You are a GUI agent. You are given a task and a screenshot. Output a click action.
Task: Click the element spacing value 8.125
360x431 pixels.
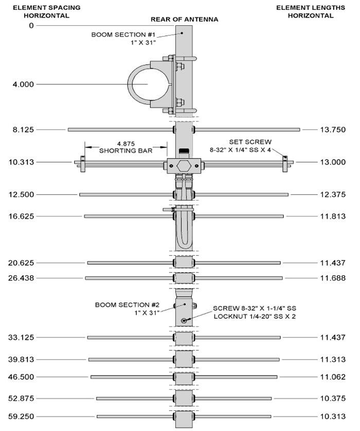pyautogui.click(x=24, y=130)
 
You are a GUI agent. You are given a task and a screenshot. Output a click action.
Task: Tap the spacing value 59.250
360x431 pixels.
pyautogui.click(x=21, y=416)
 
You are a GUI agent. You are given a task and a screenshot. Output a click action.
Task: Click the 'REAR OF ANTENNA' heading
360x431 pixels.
pyautogui.click(x=184, y=20)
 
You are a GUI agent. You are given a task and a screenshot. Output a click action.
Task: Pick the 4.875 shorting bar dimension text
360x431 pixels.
pyautogui.click(x=126, y=147)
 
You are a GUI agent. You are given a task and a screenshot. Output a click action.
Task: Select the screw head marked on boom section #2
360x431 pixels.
pyautogui.click(x=184, y=320)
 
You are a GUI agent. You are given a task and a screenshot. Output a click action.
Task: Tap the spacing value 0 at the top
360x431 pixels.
pyautogui.click(x=31, y=25)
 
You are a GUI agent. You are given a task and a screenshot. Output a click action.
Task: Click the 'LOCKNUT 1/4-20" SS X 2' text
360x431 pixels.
pyautogui.click(x=255, y=317)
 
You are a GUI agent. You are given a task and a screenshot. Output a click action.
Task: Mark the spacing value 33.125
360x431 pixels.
pyautogui.click(x=21, y=337)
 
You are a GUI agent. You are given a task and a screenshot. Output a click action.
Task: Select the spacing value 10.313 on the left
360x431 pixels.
pyautogui.click(x=21, y=162)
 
